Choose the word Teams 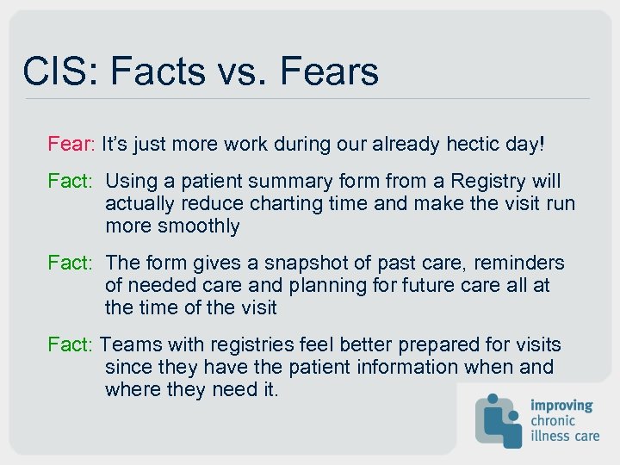click(127, 345)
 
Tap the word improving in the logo click(561, 405)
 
